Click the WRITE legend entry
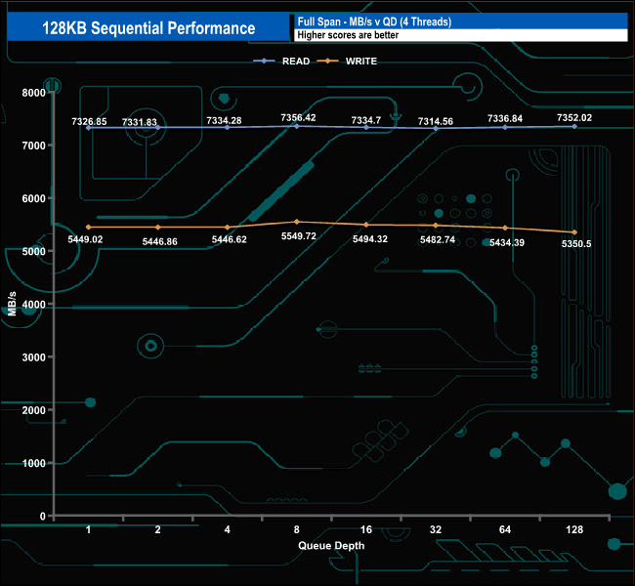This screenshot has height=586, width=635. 360,62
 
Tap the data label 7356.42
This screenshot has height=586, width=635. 297,118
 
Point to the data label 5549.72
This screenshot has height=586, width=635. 297,236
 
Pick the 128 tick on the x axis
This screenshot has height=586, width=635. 574,529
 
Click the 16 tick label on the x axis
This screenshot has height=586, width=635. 366,529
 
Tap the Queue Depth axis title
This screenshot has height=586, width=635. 331,546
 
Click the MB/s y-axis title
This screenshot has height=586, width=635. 13,305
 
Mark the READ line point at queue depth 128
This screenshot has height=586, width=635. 574,126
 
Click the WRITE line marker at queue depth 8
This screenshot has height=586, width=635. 297,222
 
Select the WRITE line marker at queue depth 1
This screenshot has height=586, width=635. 89,228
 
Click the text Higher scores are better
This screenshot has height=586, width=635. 348,36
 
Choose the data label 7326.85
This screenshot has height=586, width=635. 89,121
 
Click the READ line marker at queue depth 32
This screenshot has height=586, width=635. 436,128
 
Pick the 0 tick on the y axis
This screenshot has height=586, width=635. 41,516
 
